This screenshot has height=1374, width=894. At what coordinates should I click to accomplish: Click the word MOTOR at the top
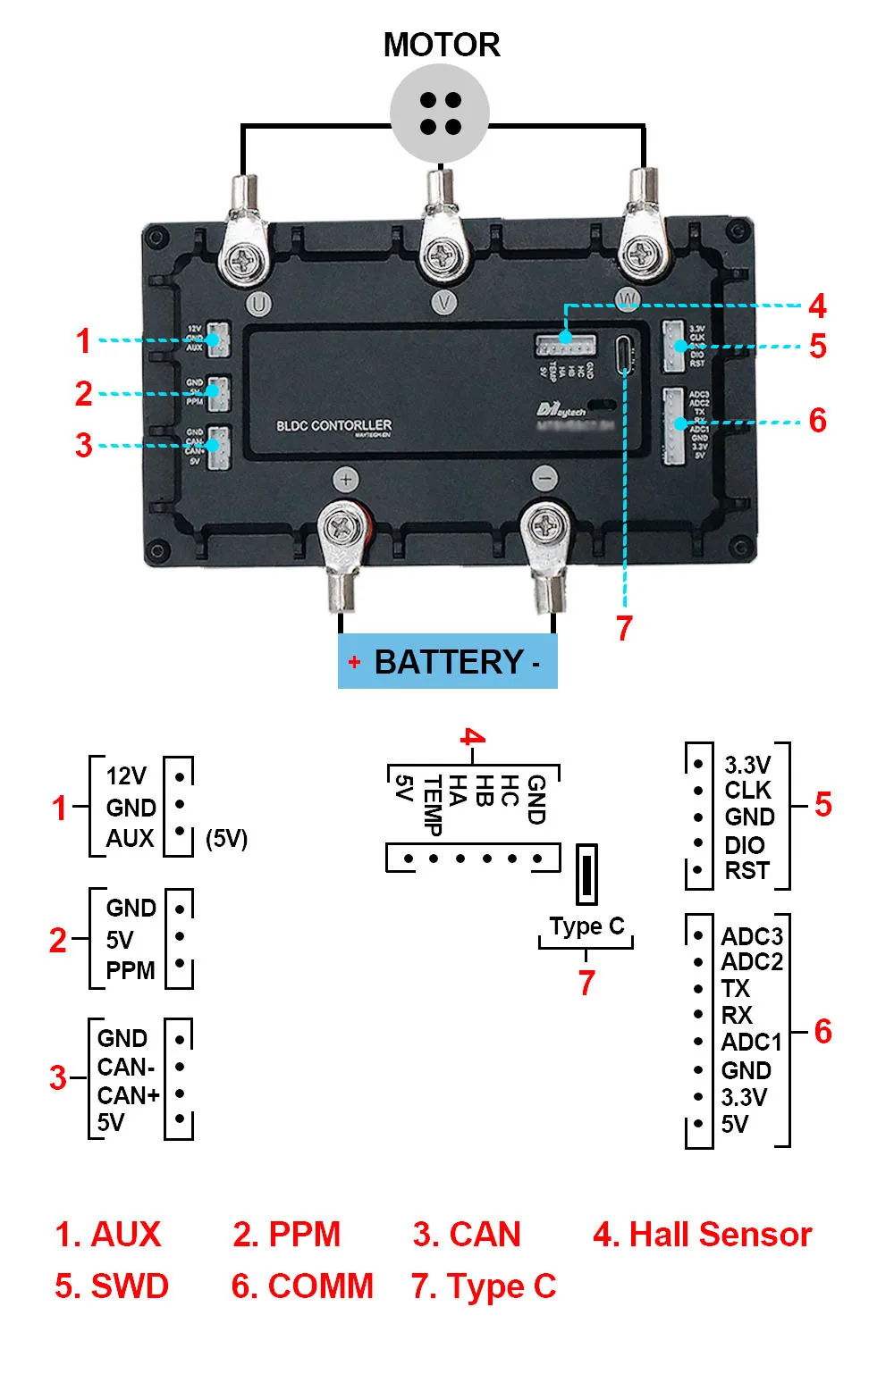[x=442, y=45]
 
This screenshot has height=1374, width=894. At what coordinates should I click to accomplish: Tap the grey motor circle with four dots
[x=440, y=113]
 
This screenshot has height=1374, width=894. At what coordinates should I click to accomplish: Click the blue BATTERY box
[x=447, y=662]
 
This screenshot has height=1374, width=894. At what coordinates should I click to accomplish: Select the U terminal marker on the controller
[x=258, y=304]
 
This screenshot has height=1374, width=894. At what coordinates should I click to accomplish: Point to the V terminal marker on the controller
[x=444, y=303]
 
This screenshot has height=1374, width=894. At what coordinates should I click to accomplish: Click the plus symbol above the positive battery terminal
[x=347, y=480]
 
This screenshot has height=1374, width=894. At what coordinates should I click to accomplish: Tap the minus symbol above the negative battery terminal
[x=544, y=479]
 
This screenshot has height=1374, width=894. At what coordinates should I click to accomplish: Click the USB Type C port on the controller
[x=624, y=356]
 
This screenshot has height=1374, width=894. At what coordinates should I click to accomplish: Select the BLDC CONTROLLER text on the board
[x=333, y=425]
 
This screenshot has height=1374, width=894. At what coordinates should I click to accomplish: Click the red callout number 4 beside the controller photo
[x=817, y=306]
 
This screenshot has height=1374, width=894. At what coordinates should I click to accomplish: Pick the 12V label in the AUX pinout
[x=126, y=775]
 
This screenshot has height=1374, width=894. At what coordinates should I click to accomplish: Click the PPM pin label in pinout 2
[x=131, y=970]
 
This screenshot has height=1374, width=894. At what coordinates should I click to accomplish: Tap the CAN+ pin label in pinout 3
[x=129, y=1094]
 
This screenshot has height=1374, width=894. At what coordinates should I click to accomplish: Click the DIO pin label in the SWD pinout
[x=745, y=844]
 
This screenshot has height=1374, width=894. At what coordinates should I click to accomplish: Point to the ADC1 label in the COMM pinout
[x=751, y=1042]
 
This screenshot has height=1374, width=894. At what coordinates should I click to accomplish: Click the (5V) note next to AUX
[x=226, y=839]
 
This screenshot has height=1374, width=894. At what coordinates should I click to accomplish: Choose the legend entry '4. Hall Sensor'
[x=702, y=1235]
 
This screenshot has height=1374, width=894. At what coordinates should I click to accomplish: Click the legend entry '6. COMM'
[x=302, y=1286]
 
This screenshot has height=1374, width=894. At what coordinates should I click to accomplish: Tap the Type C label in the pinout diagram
[x=586, y=926]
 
